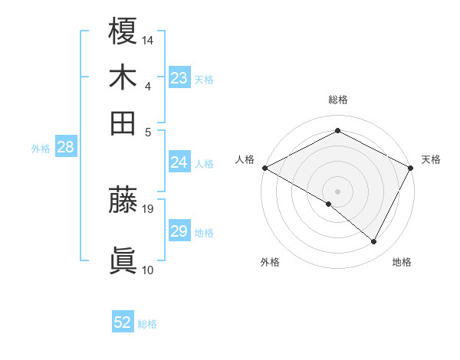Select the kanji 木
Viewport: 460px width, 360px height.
point(123,77)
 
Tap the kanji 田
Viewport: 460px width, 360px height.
point(123,123)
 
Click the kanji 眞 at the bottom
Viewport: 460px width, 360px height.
point(123,260)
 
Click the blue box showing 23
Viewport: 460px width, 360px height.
point(179,78)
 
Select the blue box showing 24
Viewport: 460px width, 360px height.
point(179,162)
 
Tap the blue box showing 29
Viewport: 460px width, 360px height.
point(179,231)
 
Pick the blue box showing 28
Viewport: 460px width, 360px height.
point(65,148)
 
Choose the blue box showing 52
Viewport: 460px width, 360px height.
point(123,323)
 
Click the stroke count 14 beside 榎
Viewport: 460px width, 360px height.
point(148,39)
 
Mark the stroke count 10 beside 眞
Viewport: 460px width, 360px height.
point(148,270)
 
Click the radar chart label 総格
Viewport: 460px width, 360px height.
point(337,100)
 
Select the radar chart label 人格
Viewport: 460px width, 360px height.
point(245,159)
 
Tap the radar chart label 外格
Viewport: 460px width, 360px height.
point(270,262)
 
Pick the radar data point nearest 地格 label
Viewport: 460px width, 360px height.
point(374,242)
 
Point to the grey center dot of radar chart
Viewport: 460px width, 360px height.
point(337,190)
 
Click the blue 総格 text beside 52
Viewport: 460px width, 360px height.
point(147,324)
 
